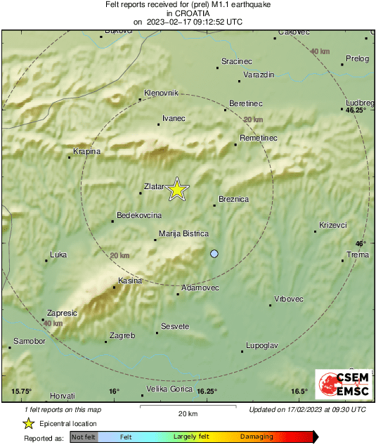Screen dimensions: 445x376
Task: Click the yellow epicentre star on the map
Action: (177, 188)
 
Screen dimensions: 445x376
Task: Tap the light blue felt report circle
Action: (214, 253)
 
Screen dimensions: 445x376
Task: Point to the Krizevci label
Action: (332, 225)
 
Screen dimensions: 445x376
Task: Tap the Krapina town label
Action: (87, 151)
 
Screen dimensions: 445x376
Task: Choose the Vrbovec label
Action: (288, 299)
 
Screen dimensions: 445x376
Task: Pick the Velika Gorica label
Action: (169, 389)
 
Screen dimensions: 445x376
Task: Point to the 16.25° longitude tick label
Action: (207, 392)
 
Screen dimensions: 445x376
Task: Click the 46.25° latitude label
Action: (356, 110)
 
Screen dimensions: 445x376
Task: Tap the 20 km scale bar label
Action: (188, 413)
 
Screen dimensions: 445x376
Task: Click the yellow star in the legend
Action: (28, 423)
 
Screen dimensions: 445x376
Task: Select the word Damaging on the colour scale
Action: (257, 437)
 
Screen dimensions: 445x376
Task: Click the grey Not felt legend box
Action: (84, 437)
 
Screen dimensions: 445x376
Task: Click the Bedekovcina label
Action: (139, 215)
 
